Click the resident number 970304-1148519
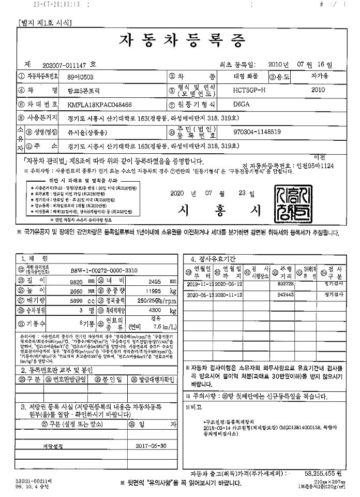click(257, 132)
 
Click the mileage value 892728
click(286, 284)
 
